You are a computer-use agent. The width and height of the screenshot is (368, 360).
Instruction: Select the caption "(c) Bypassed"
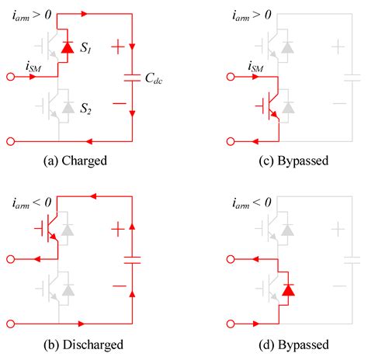click(290, 162)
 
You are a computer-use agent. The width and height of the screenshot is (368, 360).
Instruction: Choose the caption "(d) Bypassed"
click(290, 344)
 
